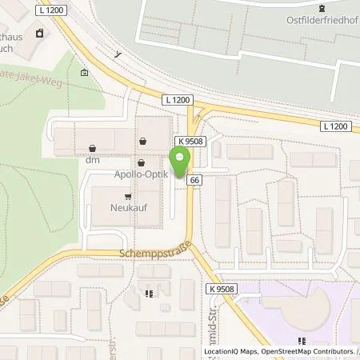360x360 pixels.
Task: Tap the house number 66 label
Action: pyautogui.click(x=194, y=182)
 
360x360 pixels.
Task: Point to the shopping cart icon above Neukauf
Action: pyautogui.click(x=126, y=195)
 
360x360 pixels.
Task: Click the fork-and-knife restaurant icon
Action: pyautogui.click(x=149, y=294)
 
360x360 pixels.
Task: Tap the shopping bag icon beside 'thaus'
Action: pyautogui.click(x=38, y=34)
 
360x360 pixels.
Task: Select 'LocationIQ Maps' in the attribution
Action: pyautogui.click(x=228, y=351)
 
